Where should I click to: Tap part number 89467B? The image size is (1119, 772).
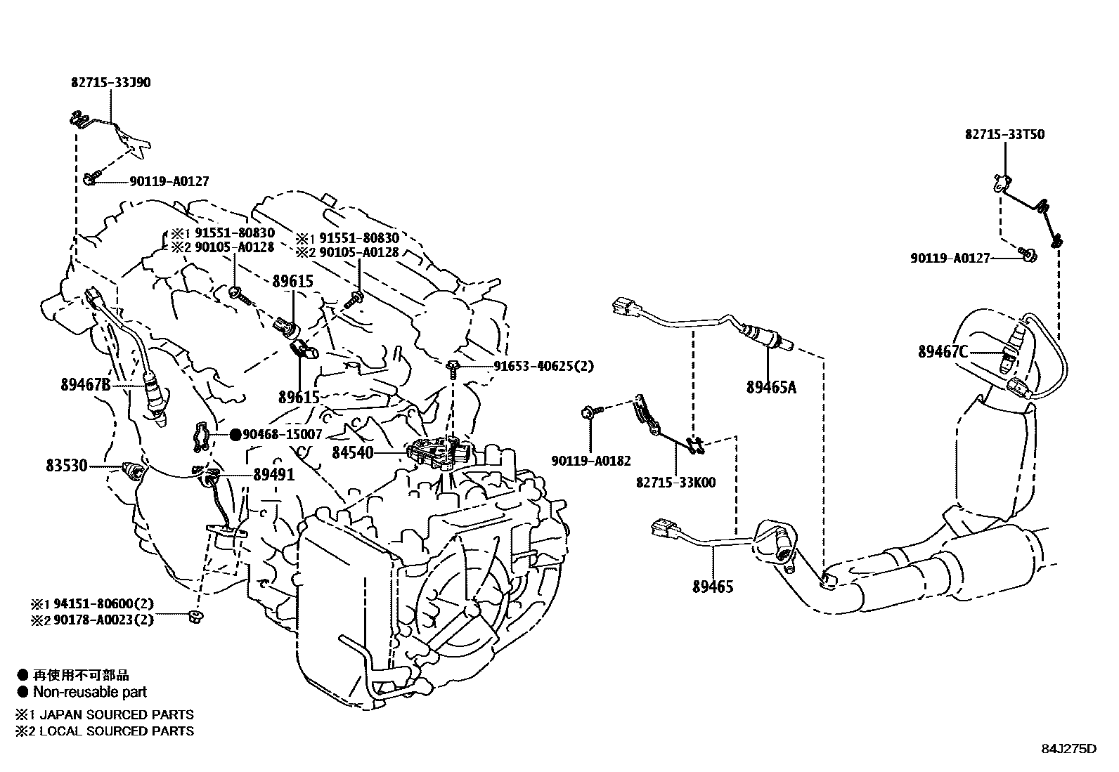86,384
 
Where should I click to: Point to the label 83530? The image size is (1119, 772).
67,465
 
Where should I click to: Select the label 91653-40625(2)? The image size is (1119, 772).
543,366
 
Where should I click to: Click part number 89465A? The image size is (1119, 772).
771,387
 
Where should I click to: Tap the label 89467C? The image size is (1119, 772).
943,352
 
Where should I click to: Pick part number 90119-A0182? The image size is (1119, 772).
590,462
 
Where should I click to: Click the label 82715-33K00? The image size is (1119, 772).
675,483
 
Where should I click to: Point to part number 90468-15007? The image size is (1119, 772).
282,435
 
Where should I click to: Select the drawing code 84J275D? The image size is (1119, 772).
1068,748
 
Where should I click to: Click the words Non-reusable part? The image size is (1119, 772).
90,692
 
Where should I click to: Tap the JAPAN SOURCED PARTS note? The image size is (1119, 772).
115,714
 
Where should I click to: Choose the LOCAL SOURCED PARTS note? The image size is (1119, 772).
115,731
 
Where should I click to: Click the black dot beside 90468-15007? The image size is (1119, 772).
235,435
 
